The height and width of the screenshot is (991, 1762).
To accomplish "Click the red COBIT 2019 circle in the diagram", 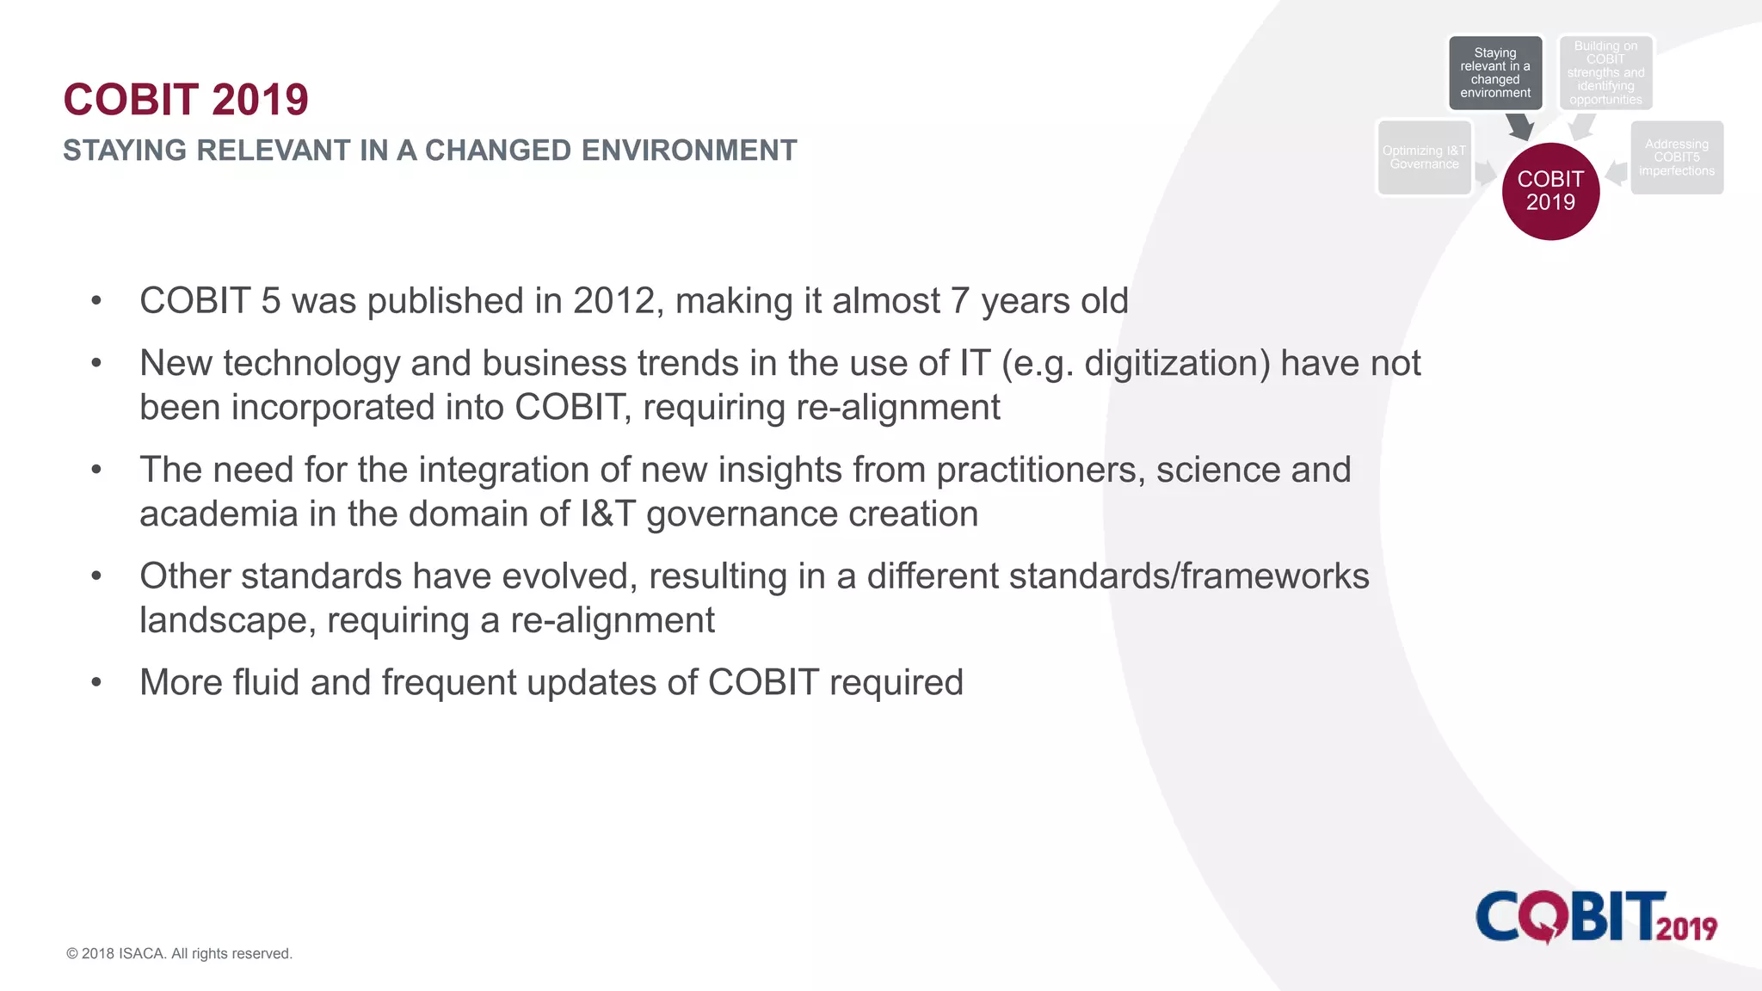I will point(1550,191).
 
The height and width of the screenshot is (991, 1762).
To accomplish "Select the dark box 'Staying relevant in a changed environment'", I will point(1495,73).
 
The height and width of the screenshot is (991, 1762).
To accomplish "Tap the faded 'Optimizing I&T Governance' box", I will point(1424,158).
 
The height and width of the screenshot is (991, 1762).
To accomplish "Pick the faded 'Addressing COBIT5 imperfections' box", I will point(1676,157).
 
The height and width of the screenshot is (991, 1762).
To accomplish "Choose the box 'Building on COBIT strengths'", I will point(1605,73).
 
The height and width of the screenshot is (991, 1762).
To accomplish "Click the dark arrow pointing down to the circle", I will point(1520,127).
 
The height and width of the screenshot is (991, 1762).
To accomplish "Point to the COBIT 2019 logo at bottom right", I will point(1596,917).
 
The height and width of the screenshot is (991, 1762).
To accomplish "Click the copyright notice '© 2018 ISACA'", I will point(179,953).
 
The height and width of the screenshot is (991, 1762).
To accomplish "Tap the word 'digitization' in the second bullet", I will point(1176,363).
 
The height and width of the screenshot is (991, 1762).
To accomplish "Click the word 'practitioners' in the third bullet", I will point(1039,470).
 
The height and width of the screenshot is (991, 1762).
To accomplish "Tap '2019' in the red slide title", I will point(260,100).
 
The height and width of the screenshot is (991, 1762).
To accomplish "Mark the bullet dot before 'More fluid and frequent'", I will point(96,683).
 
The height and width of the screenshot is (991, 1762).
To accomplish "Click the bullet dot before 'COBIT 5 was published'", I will point(96,301).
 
